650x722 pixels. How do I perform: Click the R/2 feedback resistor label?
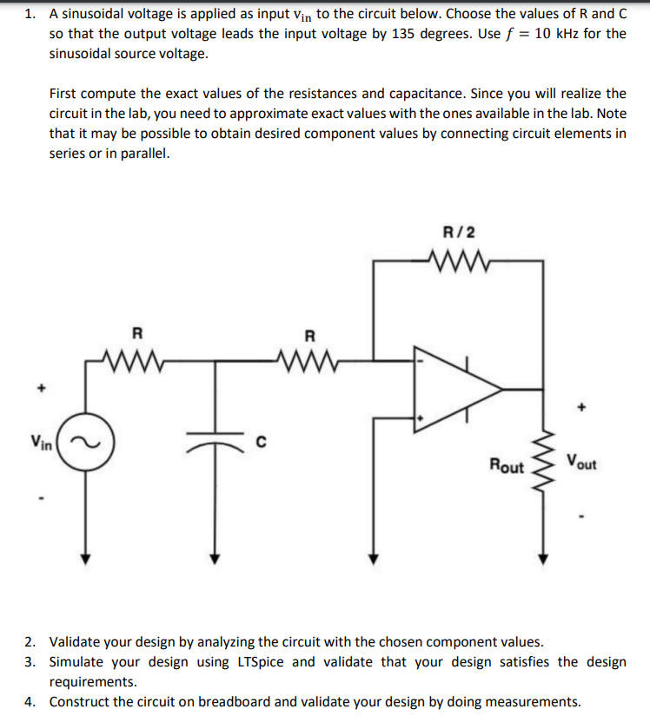point(459,233)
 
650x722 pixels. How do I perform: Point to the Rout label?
point(507,467)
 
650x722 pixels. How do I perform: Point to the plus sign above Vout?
point(583,405)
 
